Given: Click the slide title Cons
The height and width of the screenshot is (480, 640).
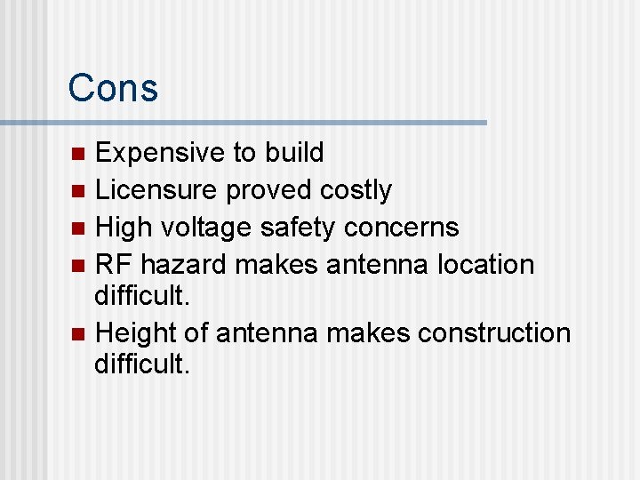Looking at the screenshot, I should point(113,88).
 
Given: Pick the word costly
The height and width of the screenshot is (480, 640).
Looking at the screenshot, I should point(356,190).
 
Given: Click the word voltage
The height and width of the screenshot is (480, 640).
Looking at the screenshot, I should point(210,228).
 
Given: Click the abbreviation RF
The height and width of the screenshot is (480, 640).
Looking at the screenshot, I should point(114,265).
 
